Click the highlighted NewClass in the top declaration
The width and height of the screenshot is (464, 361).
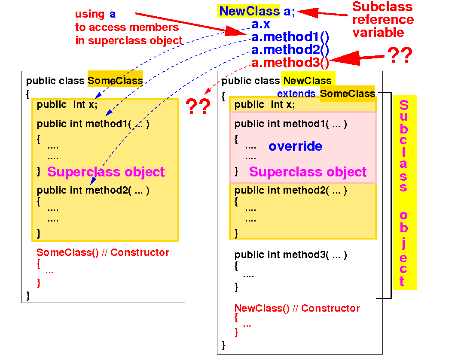coord(249,11)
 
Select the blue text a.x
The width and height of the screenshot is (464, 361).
coord(261,24)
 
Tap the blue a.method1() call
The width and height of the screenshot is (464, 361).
coord(290,37)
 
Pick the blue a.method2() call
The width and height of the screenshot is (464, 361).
coord(290,50)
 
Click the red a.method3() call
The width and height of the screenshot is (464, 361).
coord(290,63)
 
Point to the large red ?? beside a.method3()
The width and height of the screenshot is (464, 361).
coord(400,56)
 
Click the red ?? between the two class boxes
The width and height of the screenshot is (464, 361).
coord(198,106)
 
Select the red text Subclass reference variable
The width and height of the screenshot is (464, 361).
coord(383,20)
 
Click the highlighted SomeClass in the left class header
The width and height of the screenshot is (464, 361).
coord(115,81)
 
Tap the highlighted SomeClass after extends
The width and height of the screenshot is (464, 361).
coord(348,94)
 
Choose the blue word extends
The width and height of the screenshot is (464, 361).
coord(296,94)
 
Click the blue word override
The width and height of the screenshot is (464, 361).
coord(295,146)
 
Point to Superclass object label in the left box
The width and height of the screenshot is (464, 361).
coord(106,172)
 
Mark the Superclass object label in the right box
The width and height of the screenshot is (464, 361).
coord(308,172)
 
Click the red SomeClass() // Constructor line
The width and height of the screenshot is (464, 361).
coord(103,252)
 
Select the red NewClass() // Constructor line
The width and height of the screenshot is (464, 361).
coord(297,308)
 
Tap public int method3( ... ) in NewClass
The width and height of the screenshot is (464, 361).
coord(290,255)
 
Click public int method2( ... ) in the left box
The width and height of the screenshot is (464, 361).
coord(93,190)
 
